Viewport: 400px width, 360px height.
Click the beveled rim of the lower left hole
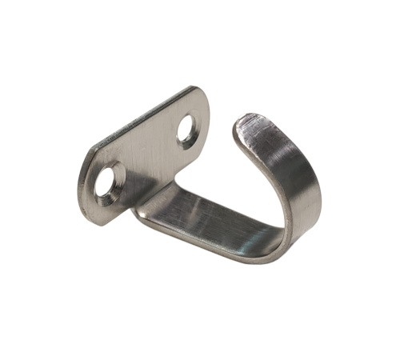click(x=118, y=178)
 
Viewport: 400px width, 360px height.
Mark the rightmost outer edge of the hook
click(x=319, y=192)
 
